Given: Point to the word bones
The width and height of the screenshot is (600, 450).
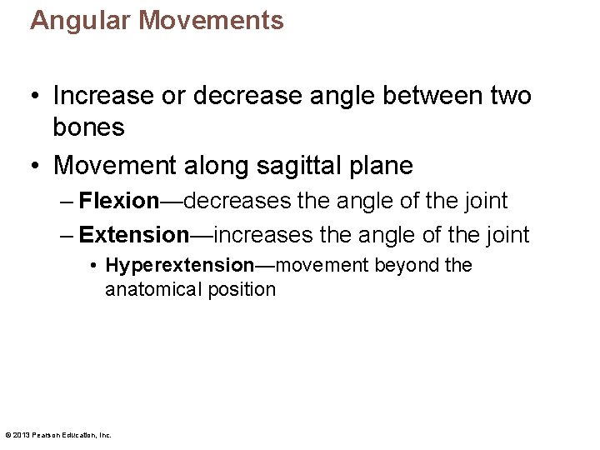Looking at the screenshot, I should [x=88, y=127].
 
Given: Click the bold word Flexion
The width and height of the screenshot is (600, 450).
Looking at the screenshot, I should [x=118, y=201].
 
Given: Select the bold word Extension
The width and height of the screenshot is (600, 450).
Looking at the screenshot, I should [x=134, y=235].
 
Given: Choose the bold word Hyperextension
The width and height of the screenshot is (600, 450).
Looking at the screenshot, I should [x=179, y=266].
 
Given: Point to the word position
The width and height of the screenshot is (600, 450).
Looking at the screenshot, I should [x=242, y=289].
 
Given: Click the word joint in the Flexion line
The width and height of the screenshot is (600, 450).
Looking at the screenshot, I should [x=487, y=201].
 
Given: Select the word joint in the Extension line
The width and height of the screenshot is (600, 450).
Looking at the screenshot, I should [x=507, y=235].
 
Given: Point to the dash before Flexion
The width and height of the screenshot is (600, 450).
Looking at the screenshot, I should [x=66, y=201].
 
